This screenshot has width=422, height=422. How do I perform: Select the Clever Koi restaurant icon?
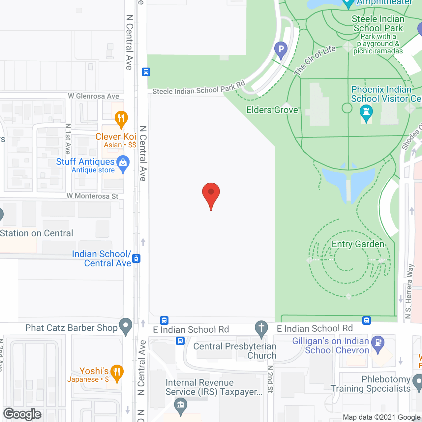(121, 118)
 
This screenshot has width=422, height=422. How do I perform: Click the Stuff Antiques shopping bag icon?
(123, 163)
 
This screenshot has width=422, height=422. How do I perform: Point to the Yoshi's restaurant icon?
(117, 372)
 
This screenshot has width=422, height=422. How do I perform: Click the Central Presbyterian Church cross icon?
(261, 328)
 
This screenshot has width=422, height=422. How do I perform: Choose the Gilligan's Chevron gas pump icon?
(378, 343)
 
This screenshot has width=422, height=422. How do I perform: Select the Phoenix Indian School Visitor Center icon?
(366, 112)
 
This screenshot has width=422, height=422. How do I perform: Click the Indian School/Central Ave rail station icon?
(136, 258)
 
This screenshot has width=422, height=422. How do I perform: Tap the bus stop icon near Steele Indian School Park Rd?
(146, 72)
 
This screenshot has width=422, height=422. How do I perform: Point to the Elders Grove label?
(272, 110)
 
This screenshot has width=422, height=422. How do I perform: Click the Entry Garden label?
(358, 244)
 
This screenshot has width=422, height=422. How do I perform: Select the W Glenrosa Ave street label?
(93, 96)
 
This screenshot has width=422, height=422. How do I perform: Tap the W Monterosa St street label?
(92, 196)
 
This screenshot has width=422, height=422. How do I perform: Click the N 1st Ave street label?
(68, 139)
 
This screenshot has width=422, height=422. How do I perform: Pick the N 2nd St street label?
(270, 379)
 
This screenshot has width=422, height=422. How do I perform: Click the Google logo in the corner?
(22, 414)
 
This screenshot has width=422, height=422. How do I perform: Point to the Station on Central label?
(36, 233)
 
